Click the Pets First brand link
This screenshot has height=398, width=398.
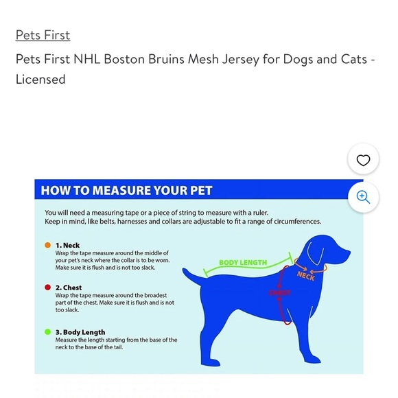[43, 35]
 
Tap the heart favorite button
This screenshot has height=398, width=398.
[344, 160]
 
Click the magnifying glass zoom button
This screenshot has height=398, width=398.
[363, 197]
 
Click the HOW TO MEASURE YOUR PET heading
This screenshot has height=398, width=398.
[127, 190]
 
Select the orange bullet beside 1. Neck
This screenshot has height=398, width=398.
[47, 245]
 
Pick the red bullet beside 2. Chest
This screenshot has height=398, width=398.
[47, 288]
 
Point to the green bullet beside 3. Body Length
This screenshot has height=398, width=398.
[47, 331]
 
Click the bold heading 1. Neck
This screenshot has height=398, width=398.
[67, 245]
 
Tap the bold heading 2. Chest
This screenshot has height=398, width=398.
[69, 288]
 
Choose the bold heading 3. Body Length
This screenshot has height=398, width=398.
[80, 331]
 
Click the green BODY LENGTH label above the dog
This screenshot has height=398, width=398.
[243, 263]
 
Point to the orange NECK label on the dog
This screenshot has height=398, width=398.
[306, 277]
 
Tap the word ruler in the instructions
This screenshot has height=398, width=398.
[257, 213]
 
